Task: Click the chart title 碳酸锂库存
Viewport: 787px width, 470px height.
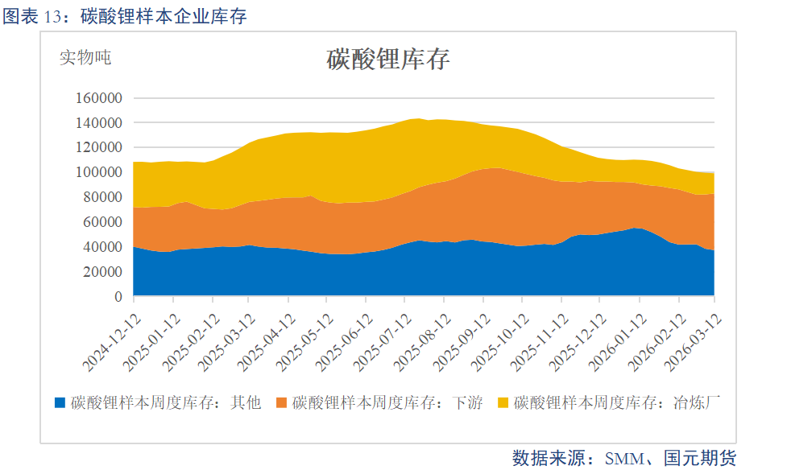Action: click(x=387, y=60)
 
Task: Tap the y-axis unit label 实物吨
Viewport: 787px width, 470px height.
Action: click(x=85, y=57)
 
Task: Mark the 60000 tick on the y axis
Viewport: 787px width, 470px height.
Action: click(x=104, y=222)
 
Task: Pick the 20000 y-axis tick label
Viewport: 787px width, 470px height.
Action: click(x=104, y=272)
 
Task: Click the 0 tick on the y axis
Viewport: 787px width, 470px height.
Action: click(x=118, y=297)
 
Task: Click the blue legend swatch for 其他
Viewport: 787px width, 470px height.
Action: click(x=60, y=402)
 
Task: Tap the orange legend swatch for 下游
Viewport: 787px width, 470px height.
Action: click(x=281, y=402)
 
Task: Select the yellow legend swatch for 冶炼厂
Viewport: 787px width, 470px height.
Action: click(x=503, y=402)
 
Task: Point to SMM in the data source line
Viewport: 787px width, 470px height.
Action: click(x=628, y=459)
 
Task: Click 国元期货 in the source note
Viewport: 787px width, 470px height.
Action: click(x=700, y=459)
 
